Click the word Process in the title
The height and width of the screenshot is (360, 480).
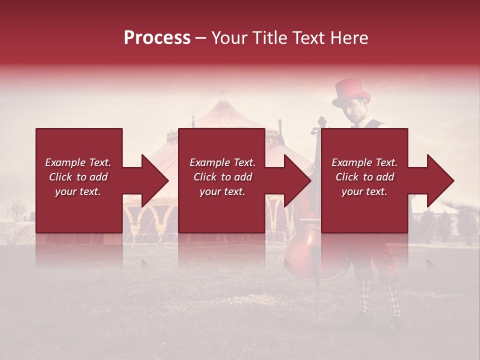tap(157, 38)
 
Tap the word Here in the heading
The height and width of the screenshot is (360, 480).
tap(349, 38)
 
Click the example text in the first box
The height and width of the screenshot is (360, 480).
tap(78, 177)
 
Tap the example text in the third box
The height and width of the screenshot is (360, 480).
tap(364, 177)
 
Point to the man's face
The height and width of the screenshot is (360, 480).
tap(356, 113)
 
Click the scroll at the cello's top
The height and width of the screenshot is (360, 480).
tap(321, 122)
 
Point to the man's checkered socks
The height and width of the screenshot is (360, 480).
tap(380, 298)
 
